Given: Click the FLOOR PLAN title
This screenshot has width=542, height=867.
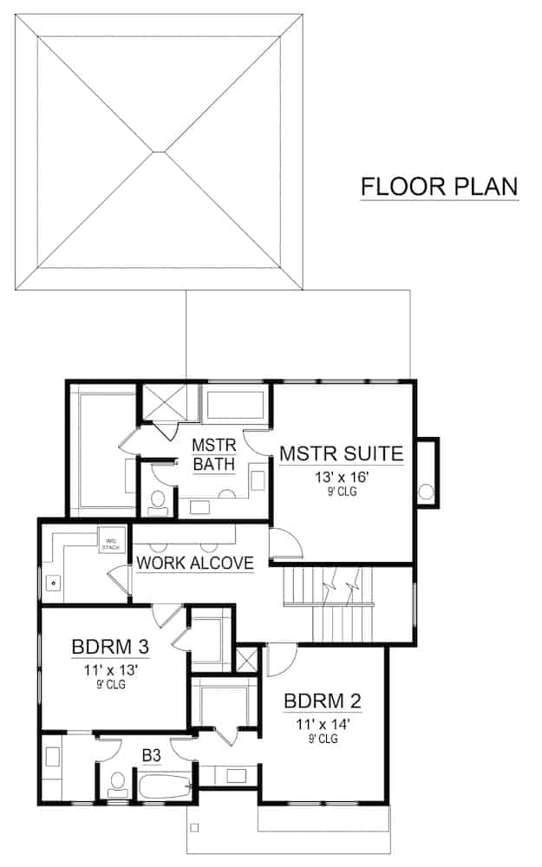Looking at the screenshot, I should click(439, 186).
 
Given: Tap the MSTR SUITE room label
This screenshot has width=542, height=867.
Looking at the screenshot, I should click(340, 453).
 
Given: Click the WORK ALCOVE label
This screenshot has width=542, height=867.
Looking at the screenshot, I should click(195, 563).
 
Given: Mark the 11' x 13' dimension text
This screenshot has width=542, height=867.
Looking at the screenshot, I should click(112, 669).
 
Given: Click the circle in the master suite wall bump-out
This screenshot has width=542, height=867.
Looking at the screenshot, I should click(426, 492).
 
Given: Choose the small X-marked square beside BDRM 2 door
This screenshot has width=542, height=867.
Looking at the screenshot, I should click(247, 658).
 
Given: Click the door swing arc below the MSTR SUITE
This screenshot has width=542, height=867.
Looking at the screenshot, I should click(284, 544).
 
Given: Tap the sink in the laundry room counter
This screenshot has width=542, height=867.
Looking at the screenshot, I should click(54, 583).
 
